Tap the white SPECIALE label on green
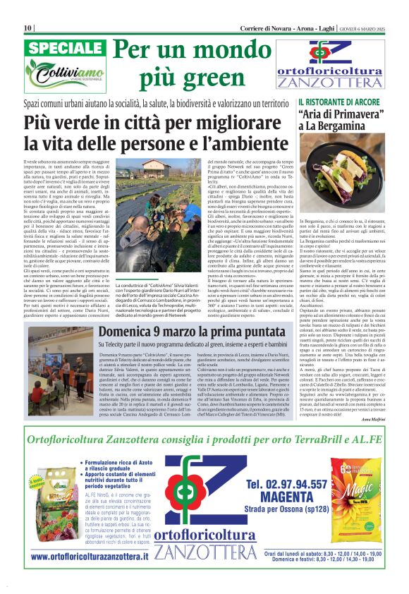(x=66, y=49)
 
